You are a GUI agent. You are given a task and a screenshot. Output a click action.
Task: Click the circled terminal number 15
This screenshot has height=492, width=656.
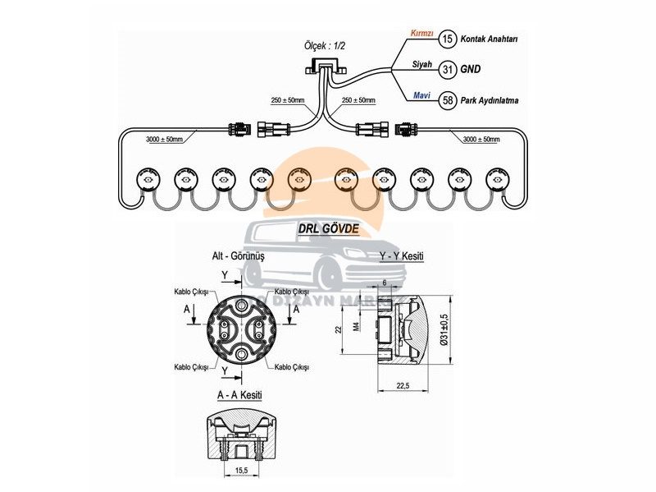tap(447, 39)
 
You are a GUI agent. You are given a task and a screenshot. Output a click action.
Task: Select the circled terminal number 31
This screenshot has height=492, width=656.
tap(447, 70)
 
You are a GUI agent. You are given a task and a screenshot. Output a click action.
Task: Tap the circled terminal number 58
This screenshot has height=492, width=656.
tap(447, 100)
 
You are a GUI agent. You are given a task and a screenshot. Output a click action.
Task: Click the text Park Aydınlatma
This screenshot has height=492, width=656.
tap(495, 101)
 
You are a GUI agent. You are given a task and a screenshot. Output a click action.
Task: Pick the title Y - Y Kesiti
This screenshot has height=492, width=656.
tap(401, 257)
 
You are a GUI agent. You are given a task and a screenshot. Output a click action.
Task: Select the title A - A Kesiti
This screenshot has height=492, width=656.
tap(239, 395)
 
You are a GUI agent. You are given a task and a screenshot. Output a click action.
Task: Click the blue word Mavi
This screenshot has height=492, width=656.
tap(420, 95)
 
